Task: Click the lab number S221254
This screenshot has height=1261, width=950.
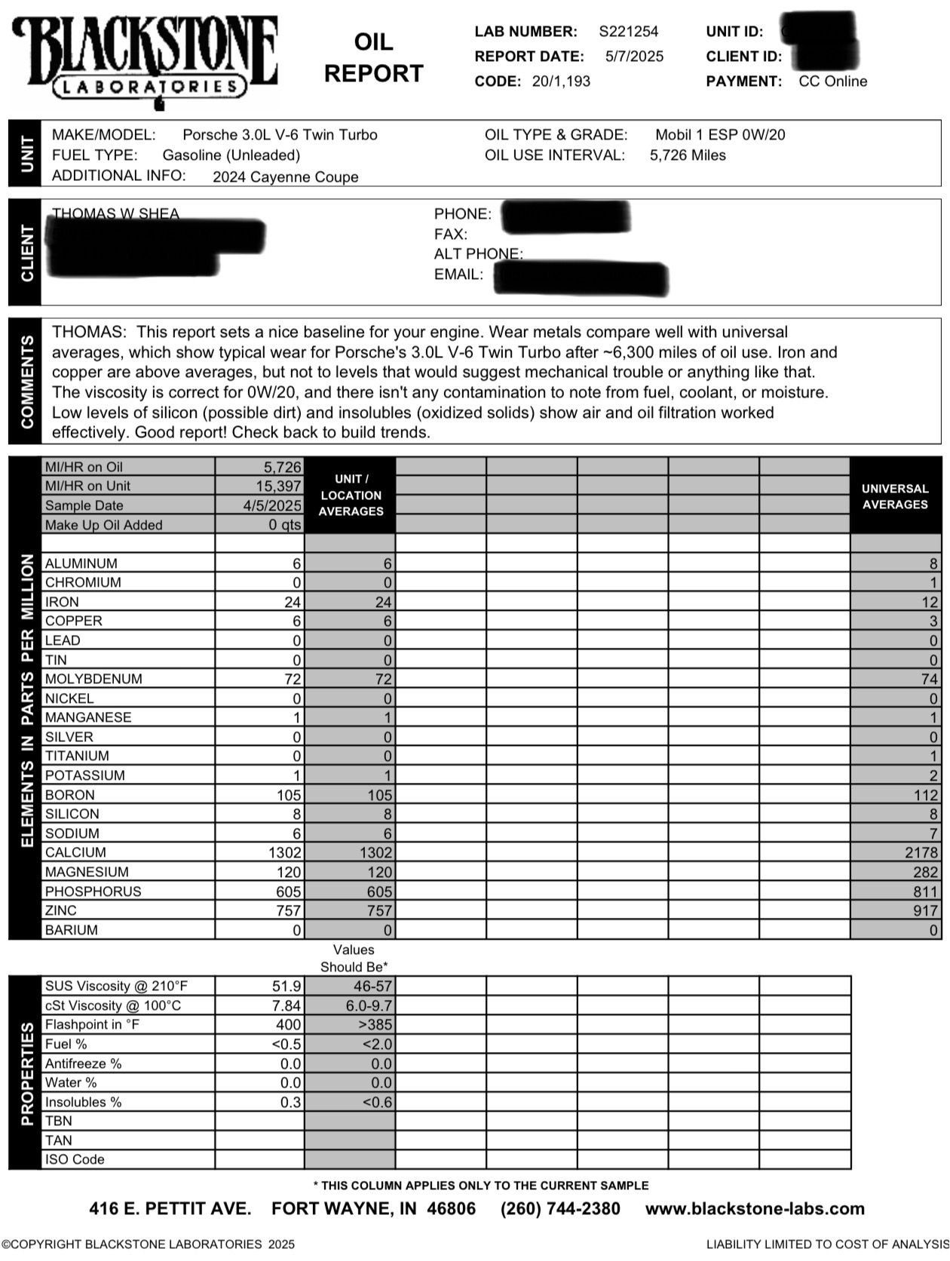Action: pyautogui.click(x=628, y=32)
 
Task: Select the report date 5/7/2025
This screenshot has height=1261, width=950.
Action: pyautogui.click(x=634, y=57)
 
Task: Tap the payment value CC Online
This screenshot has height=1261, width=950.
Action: pyautogui.click(x=832, y=81)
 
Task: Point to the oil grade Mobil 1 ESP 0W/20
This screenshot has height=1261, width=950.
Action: pyautogui.click(x=719, y=135)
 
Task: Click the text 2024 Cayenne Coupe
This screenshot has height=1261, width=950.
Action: pyautogui.click(x=285, y=177)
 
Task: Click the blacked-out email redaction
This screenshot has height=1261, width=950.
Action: pyautogui.click(x=581, y=278)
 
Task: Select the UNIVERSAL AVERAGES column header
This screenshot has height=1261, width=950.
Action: pyautogui.click(x=895, y=496)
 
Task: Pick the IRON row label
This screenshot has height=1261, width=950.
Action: pyautogui.click(x=62, y=602)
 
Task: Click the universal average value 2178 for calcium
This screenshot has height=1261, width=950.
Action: pyautogui.click(x=921, y=852)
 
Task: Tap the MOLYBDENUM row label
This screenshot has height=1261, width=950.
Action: pyautogui.click(x=93, y=679)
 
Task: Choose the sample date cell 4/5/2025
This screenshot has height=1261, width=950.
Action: pyautogui.click(x=272, y=505)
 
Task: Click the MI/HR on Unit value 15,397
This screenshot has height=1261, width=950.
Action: pyautogui.click(x=278, y=486)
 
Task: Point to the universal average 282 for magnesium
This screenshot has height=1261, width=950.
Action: pyautogui.click(x=926, y=872)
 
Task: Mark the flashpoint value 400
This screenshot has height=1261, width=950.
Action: pyautogui.click(x=288, y=1025)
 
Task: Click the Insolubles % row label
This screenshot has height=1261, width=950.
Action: pyautogui.click(x=83, y=1102)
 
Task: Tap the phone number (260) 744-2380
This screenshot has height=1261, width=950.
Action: pyautogui.click(x=560, y=1209)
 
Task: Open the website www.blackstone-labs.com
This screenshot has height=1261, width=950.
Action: pyautogui.click(x=755, y=1209)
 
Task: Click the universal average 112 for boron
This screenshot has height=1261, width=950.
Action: pyautogui.click(x=926, y=795)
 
